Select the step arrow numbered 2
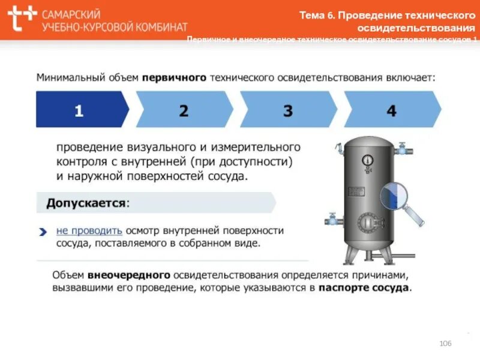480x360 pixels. [184, 110]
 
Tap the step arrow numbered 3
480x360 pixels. [288, 110]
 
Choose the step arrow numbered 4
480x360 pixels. [392, 110]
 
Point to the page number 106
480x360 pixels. [445, 343]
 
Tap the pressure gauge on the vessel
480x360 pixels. [367, 160]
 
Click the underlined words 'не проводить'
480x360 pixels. [90, 230]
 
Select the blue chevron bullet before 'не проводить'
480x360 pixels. [43, 230]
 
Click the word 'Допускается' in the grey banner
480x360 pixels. [87, 203]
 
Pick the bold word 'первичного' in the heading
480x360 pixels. [175, 77]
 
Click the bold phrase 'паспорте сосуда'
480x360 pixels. [364, 287]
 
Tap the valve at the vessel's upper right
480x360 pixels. [402, 147]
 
